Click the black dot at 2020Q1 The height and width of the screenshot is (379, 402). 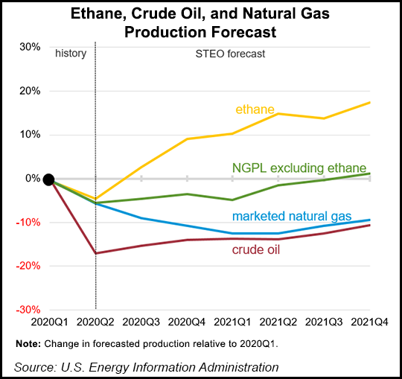pos(48,179)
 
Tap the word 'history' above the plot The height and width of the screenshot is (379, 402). pos(71,54)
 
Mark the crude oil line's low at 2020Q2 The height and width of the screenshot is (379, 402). pos(95,253)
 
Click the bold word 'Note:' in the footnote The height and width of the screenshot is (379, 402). pos(29,343)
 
